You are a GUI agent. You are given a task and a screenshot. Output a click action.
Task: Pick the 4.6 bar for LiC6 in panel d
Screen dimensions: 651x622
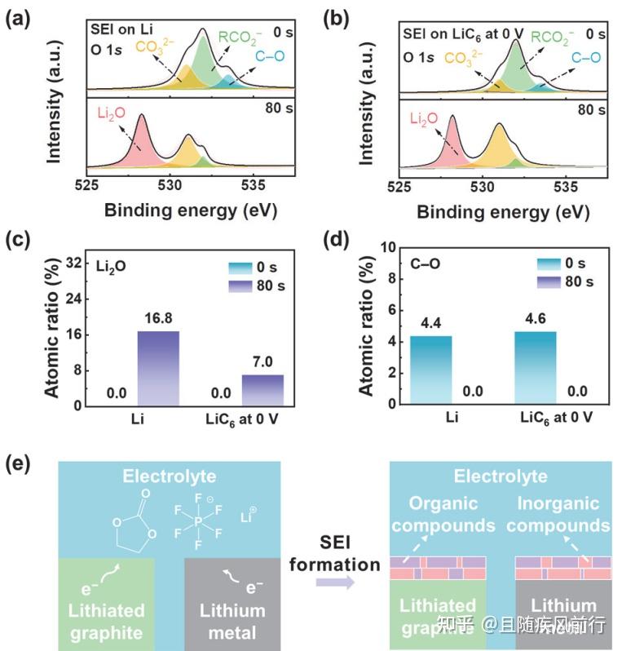pos(535,368)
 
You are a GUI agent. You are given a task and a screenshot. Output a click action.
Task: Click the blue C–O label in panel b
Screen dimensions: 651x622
pos(585,58)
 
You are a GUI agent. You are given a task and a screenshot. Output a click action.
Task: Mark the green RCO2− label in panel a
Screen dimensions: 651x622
pos(241,38)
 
